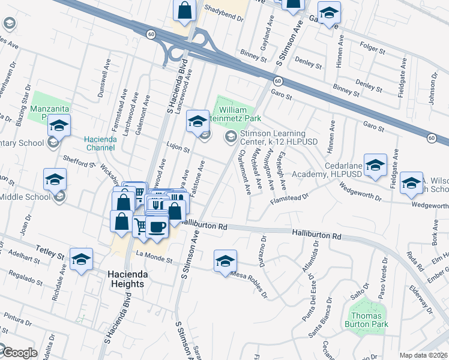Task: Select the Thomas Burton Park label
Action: click(368, 320)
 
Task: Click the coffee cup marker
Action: click(157, 227)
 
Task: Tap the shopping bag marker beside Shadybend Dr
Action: click(185, 10)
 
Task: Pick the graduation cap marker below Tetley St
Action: click(81, 260)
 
